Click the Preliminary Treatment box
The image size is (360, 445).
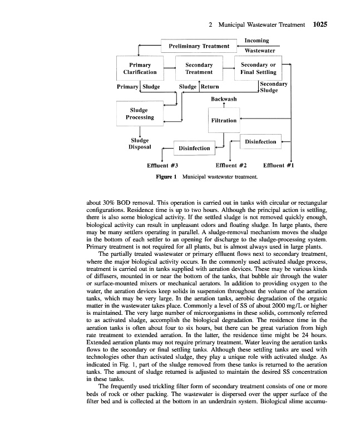click(x=199, y=46)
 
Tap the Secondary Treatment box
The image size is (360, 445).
click(x=199, y=68)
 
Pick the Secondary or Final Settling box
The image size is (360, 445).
click(x=258, y=68)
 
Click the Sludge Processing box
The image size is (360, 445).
click(x=140, y=114)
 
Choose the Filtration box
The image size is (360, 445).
click(x=224, y=120)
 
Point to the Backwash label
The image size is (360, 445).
click(x=224, y=99)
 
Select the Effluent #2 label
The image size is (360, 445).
click(x=230, y=165)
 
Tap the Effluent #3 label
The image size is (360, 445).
click(x=162, y=165)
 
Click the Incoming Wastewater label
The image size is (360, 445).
click(x=257, y=45)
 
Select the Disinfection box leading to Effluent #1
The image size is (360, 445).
click(x=260, y=142)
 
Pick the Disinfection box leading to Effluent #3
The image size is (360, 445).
click(x=194, y=148)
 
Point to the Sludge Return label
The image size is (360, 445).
click(x=199, y=87)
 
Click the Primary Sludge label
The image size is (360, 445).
click(x=139, y=87)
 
